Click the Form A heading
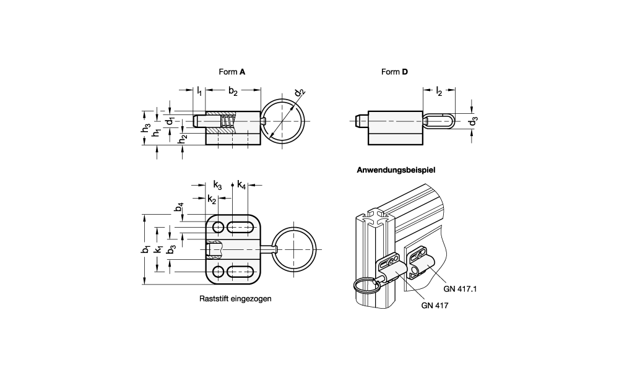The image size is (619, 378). coord(232,72)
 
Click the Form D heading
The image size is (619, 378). coord(394,72)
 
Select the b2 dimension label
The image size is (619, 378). coord(233,92)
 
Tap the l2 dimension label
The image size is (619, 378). coord(439,92)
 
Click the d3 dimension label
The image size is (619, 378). coord(473,121)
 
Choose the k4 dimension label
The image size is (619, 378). coord(241,184)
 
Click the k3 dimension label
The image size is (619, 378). coord(217,184)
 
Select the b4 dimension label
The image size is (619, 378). coord(180,208)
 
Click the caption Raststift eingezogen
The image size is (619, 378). coord(236,298)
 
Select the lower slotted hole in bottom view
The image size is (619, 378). coord(238,272)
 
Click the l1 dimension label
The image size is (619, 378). coord(199,92)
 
